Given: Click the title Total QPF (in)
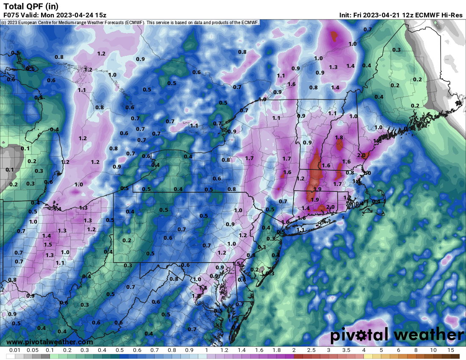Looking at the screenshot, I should [x=31, y=6].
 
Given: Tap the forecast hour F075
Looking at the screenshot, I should [x=12, y=15].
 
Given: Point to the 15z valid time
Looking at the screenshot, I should [x=100, y=15].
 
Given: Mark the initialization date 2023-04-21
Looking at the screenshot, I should [x=386, y=15].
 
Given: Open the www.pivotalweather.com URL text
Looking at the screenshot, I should [x=50, y=342].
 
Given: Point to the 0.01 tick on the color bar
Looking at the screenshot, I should [x=15, y=350].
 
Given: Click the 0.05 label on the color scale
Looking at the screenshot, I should [x=33, y=350].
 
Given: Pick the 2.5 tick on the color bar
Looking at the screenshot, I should [x=311, y=350].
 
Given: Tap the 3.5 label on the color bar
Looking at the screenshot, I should [x=346, y=350].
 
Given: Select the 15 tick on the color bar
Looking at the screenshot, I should [x=450, y=350].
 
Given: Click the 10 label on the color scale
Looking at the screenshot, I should [x=433, y=350].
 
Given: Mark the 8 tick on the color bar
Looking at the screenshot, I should [x=416, y=350].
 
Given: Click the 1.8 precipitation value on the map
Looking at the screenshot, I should [x=338, y=138].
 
